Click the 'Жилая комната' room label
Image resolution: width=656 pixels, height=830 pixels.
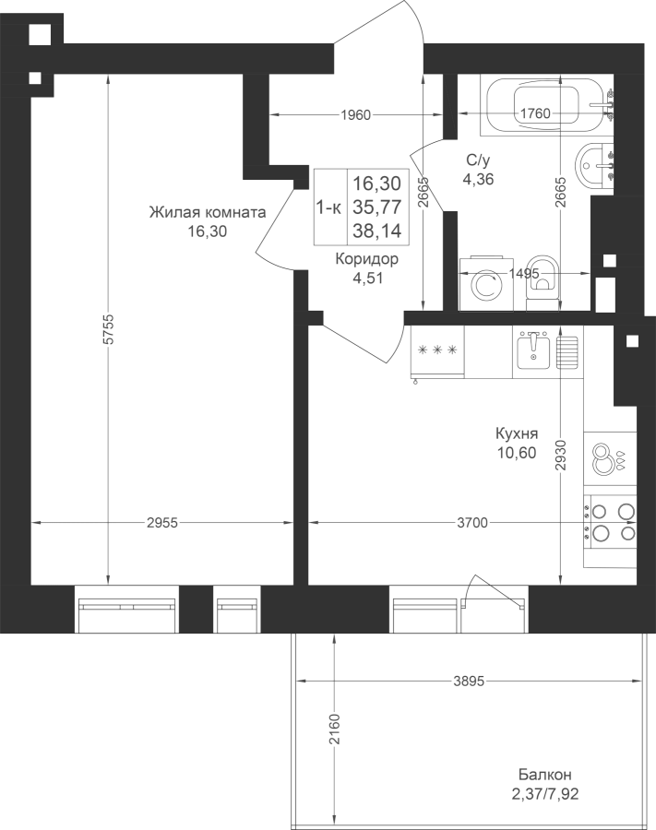207,212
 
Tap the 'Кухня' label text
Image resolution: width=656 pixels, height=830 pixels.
517,433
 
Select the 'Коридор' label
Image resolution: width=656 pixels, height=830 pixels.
367,259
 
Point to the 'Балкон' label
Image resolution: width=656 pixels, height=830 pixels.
544,775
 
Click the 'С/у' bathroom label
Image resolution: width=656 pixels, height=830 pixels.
478,160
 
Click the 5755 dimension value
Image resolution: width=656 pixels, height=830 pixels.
109,330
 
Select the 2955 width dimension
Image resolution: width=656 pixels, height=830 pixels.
162,523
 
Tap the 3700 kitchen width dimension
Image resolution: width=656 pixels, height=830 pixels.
472,523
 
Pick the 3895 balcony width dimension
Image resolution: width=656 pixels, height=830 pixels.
469,682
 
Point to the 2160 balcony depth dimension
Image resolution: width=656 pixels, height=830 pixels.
335,729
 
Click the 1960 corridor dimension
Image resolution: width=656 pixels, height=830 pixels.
356,114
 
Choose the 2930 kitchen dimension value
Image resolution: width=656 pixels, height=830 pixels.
561,455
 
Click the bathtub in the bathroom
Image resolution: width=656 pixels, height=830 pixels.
546,105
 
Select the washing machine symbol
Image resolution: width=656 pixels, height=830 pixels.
487,284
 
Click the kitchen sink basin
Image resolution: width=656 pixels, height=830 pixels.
533,350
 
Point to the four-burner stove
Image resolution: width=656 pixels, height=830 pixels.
610,521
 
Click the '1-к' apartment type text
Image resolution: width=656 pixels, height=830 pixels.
328,208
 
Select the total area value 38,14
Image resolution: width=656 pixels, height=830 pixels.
377,231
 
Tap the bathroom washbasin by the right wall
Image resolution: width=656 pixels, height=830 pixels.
595,165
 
